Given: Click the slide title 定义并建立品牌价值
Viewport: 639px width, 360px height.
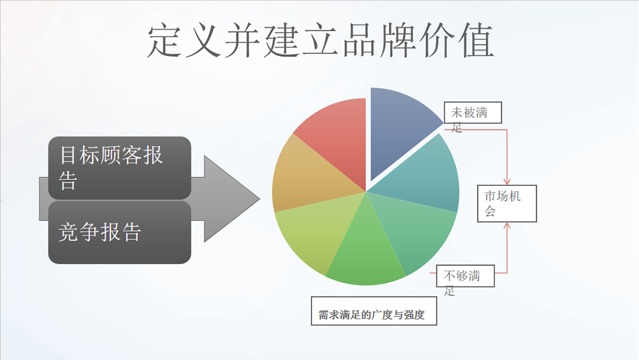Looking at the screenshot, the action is [320, 40].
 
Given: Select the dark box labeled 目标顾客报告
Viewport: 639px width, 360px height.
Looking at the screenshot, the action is [120, 168].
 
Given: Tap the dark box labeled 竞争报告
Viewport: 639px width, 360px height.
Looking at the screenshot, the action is [120, 232].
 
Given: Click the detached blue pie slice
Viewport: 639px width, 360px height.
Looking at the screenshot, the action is [400, 128].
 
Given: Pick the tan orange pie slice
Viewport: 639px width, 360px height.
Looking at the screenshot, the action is [306, 175].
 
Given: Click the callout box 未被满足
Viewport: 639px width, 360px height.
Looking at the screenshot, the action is [473, 113].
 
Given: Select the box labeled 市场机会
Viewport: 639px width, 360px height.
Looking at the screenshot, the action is [507, 204].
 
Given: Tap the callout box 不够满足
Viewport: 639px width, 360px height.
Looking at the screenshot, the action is [465, 276].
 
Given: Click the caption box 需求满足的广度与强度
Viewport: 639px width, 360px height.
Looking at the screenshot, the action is [374, 311].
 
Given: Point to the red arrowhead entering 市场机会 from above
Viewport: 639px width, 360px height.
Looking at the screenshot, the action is [507, 182].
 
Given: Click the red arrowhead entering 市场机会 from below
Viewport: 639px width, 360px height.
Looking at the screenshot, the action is [507, 226].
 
